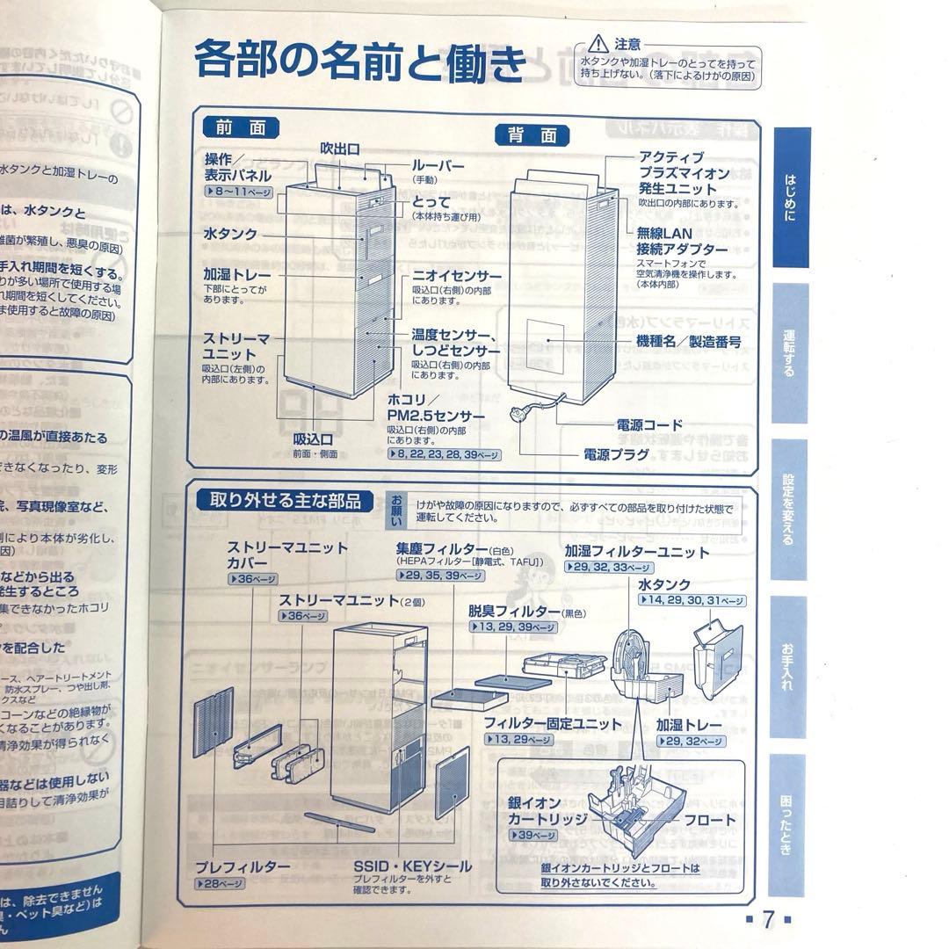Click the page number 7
(767, 919)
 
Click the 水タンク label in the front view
(230, 235)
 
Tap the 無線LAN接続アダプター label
(683, 242)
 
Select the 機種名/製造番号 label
(689, 340)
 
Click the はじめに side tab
(791, 197)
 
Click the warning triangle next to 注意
(598, 42)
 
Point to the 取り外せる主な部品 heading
(285, 501)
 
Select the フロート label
(710, 820)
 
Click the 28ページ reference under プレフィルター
(221, 884)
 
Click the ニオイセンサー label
(457, 276)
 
